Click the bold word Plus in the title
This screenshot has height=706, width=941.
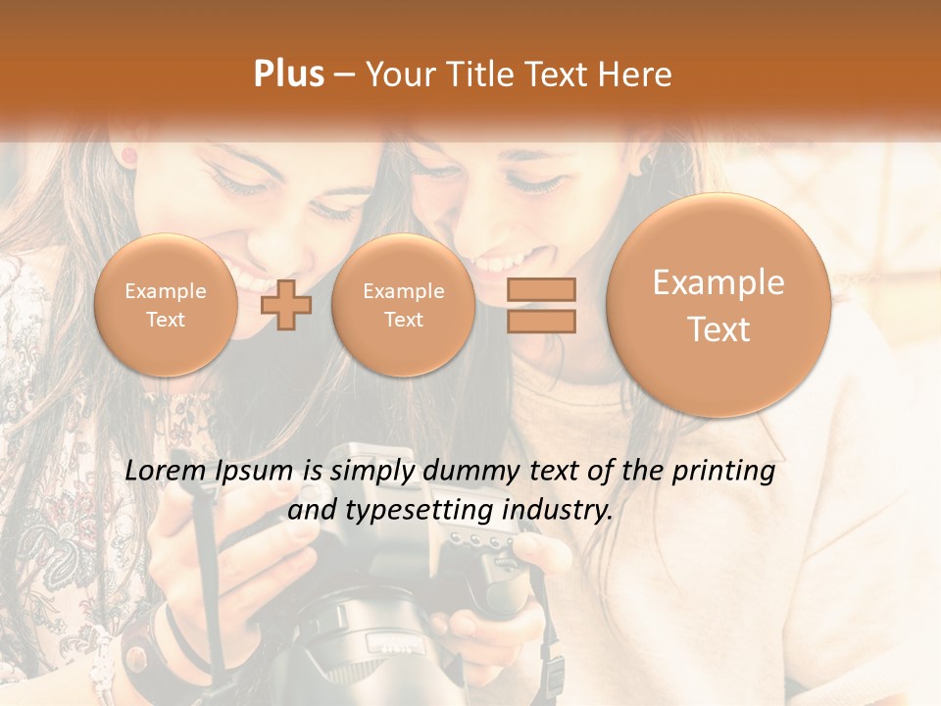tap(288, 75)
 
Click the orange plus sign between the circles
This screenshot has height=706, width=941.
tap(286, 304)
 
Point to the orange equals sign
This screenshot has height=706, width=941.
tap(541, 305)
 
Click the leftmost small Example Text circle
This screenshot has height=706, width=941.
tap(166, 305)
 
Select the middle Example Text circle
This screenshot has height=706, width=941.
tap(403, 305)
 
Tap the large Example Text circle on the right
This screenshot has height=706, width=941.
tap(718, 305)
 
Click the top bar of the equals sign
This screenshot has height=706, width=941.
tap(541, 289)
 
